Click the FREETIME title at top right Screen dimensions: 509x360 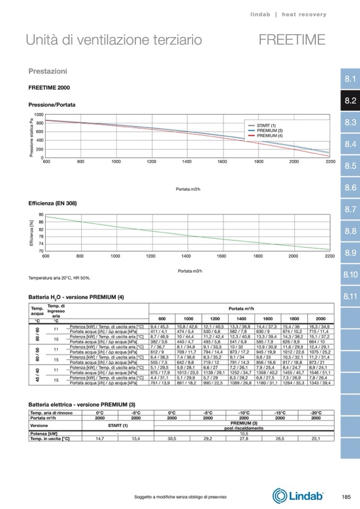click(292, 40)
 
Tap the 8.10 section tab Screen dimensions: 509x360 click(349, 274)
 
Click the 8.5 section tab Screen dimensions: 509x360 click(349, 166)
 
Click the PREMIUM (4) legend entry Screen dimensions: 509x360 click(269, 136)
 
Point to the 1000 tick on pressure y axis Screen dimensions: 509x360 click(39, 115)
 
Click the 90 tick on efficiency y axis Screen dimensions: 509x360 click(41, 215)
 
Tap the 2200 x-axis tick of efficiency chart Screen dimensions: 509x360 click(329, 256)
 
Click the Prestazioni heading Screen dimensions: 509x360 click(47, 71)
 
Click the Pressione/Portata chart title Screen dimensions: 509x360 click(52, 105)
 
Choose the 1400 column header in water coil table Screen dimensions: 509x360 click(241, 318)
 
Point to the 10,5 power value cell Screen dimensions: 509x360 click(244, 434)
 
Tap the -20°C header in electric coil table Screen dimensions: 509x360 click(316, 412)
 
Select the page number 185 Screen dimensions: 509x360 click(346, 497)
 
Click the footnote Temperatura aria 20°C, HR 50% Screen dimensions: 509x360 click(59, 278)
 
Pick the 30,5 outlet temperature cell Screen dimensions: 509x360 click(172, 439)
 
